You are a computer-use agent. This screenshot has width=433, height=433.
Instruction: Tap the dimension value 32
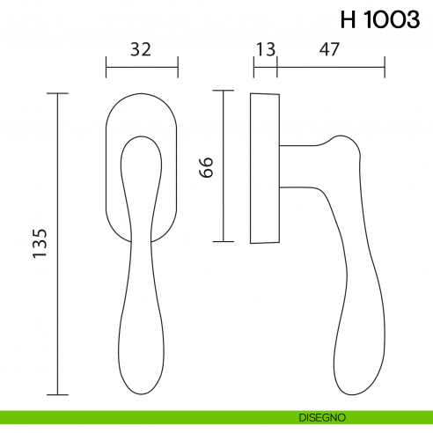pyautogui.click(x=142, y=49)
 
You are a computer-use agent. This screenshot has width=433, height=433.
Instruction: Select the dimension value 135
pyautogui.click(x=39, y=243)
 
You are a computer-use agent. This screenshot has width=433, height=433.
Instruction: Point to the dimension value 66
pyautogui.click(x=207, y=167)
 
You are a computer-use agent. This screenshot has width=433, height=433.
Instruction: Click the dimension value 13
pyautogui.click(x=265, y=49)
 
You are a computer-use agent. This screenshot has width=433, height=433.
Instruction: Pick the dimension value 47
pyautogui.click(x=330, y=49)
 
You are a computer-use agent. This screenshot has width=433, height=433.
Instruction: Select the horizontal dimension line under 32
pyautogui.click(x=142, y=66)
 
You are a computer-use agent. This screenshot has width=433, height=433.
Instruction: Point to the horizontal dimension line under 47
pyautogui.click(x=331, y=66)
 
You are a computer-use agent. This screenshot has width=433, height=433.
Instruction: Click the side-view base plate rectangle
pyautogui.click(x=265, y=167)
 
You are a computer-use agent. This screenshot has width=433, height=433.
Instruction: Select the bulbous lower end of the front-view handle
pyautogui.click(x=141, y=361)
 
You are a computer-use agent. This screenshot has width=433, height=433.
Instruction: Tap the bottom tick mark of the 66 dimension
pyautogui.click(x=224, y=241)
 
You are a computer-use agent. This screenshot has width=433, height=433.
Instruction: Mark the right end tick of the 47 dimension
pyautogui.click(x=385, y=66)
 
